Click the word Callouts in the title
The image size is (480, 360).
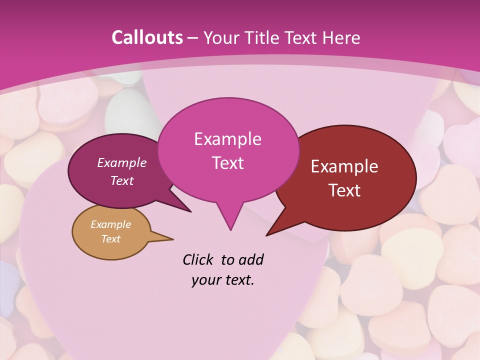(147, 37)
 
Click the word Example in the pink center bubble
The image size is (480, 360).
(227, 139)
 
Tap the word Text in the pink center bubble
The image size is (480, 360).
(227, 163)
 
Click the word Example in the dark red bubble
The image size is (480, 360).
(344, 166)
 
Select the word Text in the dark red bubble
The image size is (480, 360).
(344, 190)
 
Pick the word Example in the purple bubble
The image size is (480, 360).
(121, 162)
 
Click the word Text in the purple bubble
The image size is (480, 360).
(121, 181)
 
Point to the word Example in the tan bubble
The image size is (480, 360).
(110, 224)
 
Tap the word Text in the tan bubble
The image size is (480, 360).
(110, 239)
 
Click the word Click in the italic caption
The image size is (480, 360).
(197, 260)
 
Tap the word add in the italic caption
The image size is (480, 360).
(250, 260)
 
